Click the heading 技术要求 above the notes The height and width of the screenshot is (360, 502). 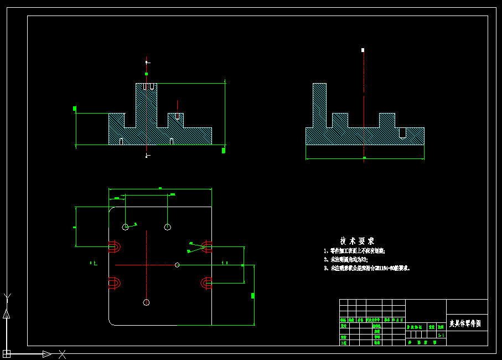click(x=357, y=241)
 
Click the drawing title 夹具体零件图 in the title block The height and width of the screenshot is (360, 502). click(x=465, y=323)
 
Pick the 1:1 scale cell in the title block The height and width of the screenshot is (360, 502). click(x=441, y=335)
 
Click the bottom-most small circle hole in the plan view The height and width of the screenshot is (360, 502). click(x=146, y=302)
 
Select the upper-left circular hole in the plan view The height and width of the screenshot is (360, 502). click(x=126, y=227)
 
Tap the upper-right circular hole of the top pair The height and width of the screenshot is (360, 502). click(x=168, y=226)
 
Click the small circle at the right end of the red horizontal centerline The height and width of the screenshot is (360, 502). click(x=177, y=265)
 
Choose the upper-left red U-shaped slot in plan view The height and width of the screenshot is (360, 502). click(x=115, y=246)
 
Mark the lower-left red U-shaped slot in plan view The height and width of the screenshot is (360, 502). click(x=115, y=284)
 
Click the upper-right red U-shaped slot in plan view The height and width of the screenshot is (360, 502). click(x=206, y=246)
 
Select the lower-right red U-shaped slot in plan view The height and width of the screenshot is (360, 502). click(x=206, y=284)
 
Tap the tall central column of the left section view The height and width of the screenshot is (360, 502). click(x=147, y=108)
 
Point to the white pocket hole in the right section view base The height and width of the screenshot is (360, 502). click(x=402, y=132)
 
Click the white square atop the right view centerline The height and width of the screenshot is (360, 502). click(x=363, y=50)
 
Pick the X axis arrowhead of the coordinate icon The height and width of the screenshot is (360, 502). click(x=47, y=353)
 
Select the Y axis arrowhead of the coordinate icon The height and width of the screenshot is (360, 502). click(x=6, y=314)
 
